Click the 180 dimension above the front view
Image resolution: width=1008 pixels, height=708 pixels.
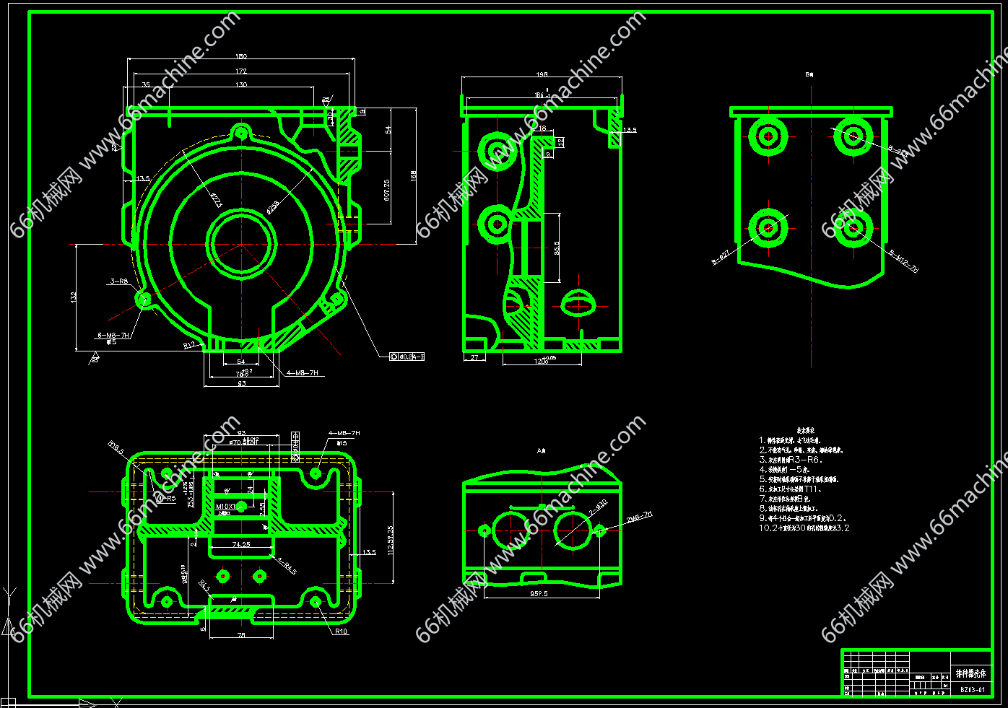click(241, 56)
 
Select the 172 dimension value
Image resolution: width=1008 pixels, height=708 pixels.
click(241, 71)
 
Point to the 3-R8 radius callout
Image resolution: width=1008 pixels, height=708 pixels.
click(119, 281)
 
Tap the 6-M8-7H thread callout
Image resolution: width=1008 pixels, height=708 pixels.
click(114, 335)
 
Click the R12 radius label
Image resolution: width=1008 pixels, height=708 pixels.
click(189, 346)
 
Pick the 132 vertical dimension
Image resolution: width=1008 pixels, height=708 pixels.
click(74, 297)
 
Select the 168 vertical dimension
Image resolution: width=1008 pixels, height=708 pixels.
click(414, 175)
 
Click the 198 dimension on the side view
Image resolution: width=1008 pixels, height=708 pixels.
click(542, 74)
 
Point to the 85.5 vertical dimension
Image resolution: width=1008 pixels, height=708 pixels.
click(557, 248)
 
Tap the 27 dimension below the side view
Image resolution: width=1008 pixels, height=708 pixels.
click(474, 357)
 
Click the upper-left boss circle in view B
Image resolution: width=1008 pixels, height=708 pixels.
click(768, 135)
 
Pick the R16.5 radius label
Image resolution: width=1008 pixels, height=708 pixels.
click(116, 448)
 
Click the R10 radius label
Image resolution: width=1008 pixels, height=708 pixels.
click(341, 631)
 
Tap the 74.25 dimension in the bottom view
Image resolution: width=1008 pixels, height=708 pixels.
click(241, 544)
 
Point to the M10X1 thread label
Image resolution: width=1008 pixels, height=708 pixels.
click(226, 507)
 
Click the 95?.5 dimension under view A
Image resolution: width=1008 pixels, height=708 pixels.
click(539, 593)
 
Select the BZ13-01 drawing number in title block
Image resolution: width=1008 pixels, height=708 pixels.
click(972, 689)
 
